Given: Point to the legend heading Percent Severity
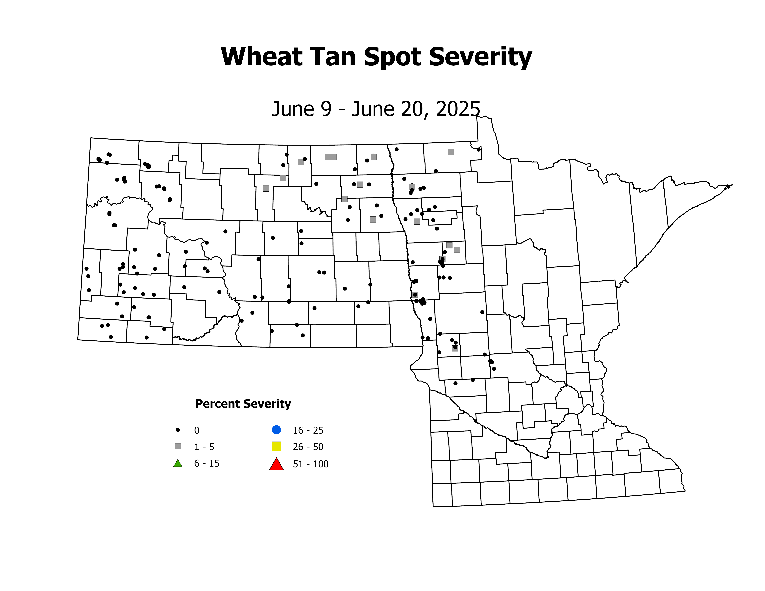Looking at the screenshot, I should [243, 404].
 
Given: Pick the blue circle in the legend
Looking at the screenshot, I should [276, 430].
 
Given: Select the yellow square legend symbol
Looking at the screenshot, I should [276, 446].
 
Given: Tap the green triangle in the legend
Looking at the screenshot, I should [178, 463].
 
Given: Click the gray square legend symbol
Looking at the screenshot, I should [178, 446].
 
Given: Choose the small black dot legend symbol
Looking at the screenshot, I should [178, 430].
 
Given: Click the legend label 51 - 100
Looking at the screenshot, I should [311, 464].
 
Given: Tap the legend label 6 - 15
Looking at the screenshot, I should [207, 464].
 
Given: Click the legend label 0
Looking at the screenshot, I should [196, 430].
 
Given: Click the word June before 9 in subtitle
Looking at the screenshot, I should [293, 109].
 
